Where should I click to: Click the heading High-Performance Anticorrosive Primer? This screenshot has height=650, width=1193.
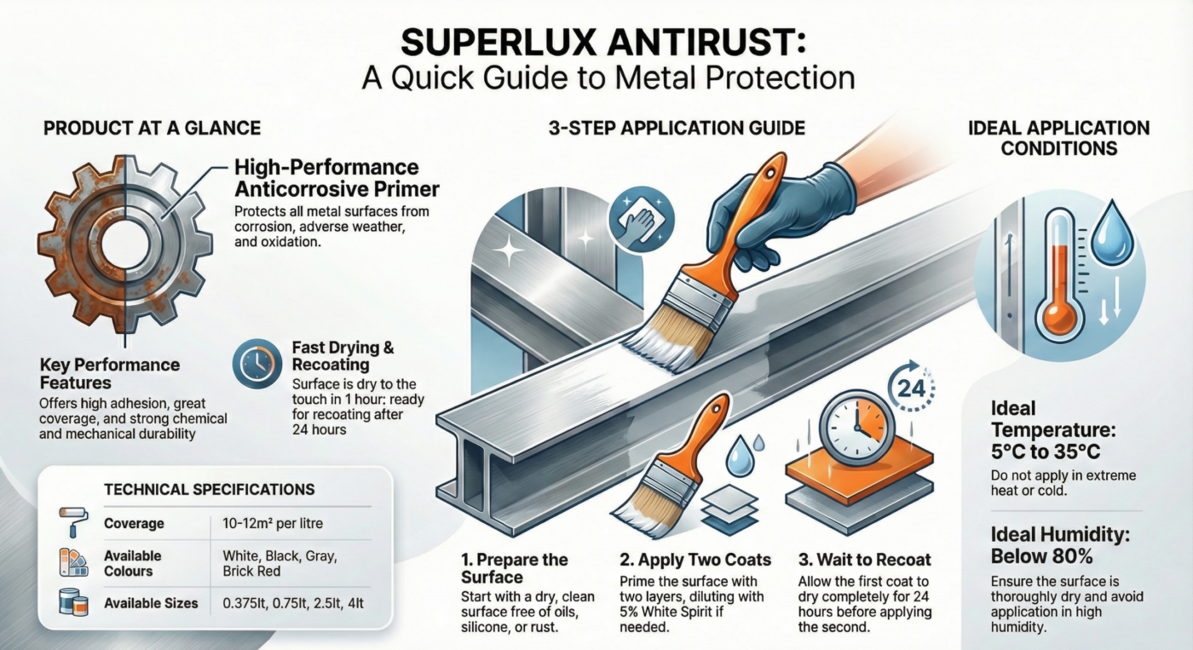pyautogui.click(x=326, y=176)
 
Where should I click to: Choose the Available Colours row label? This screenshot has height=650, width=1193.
pyautogui.click(x=133, y=563)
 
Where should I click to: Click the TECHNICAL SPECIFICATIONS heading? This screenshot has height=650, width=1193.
pyautogui.click(x=209, y=490)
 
